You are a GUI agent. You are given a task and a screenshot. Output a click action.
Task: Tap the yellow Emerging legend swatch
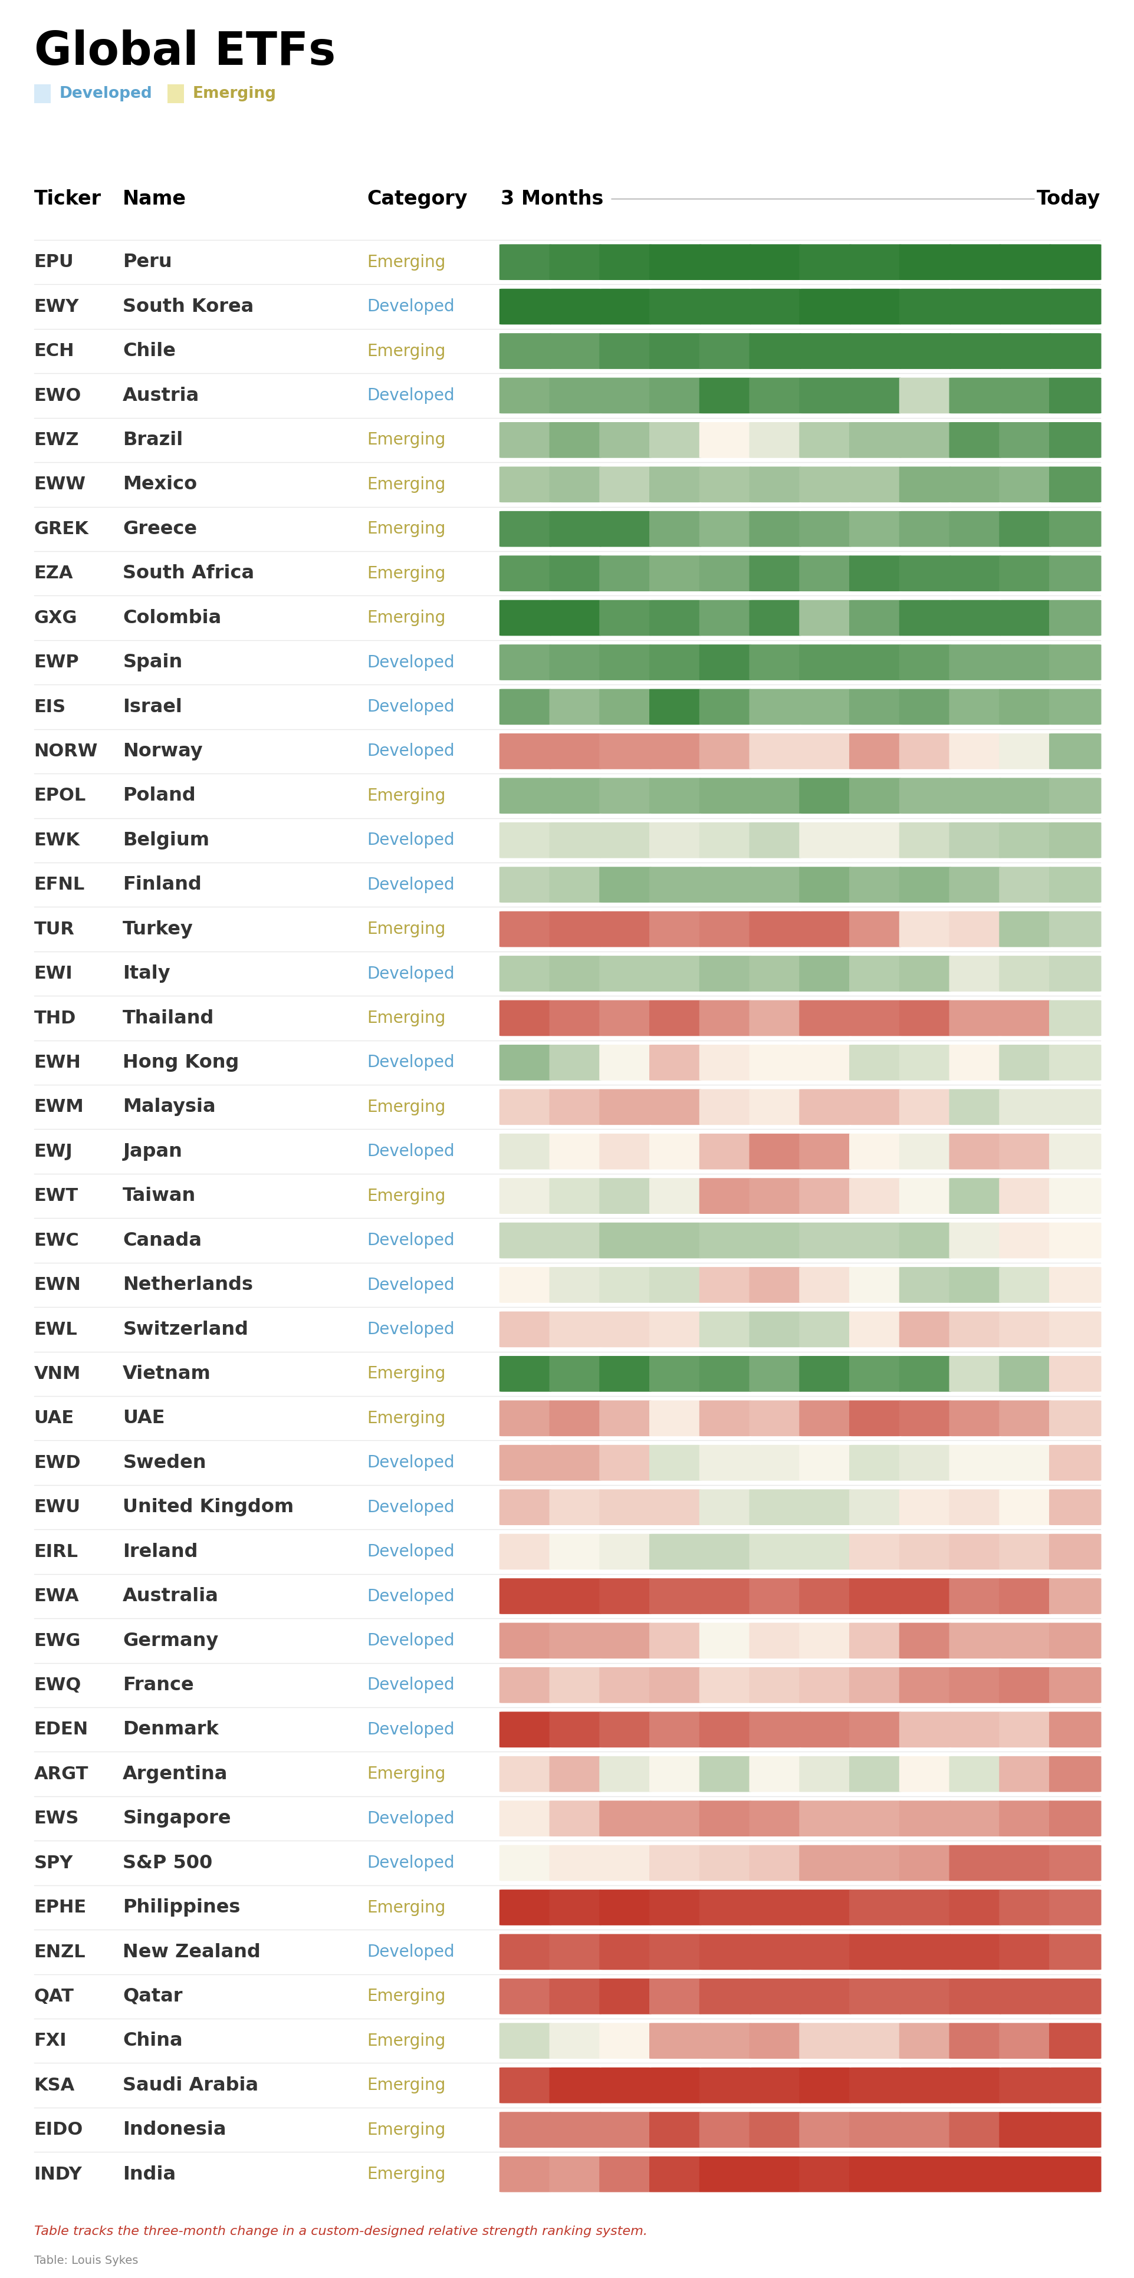pos(176,93)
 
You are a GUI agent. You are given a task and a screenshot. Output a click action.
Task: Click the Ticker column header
pos(67,198)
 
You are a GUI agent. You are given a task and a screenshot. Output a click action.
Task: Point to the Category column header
pos(416,198)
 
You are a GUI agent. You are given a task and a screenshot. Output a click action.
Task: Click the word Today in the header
pos(1067,198)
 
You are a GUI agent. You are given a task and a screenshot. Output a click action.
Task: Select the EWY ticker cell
pos(57,306)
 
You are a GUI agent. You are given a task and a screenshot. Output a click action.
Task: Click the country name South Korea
pos(188,306)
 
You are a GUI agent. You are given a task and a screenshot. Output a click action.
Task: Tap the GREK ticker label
pos(61,528)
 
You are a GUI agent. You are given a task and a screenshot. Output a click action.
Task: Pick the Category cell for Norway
pos(410,750)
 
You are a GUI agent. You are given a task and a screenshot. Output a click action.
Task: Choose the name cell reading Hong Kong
pos(180,1061)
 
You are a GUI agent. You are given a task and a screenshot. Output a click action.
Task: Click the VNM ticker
pos(57,1372)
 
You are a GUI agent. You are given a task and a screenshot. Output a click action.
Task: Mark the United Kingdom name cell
pos(208,1506)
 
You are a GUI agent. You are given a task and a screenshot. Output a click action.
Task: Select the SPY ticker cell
pos(53,1862)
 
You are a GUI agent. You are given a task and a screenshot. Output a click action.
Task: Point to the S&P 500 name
pos(167,1862)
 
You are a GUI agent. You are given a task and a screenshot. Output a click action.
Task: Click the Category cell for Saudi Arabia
pos(406,2085)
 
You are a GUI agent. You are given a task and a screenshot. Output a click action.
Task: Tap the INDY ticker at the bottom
pos(58,2173)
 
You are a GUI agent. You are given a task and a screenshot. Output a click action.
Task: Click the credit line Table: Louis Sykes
pos(86,2259)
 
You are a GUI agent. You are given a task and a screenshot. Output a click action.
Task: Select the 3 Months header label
pos(552,198)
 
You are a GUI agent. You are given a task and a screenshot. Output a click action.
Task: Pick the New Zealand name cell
pos(191,1951)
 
